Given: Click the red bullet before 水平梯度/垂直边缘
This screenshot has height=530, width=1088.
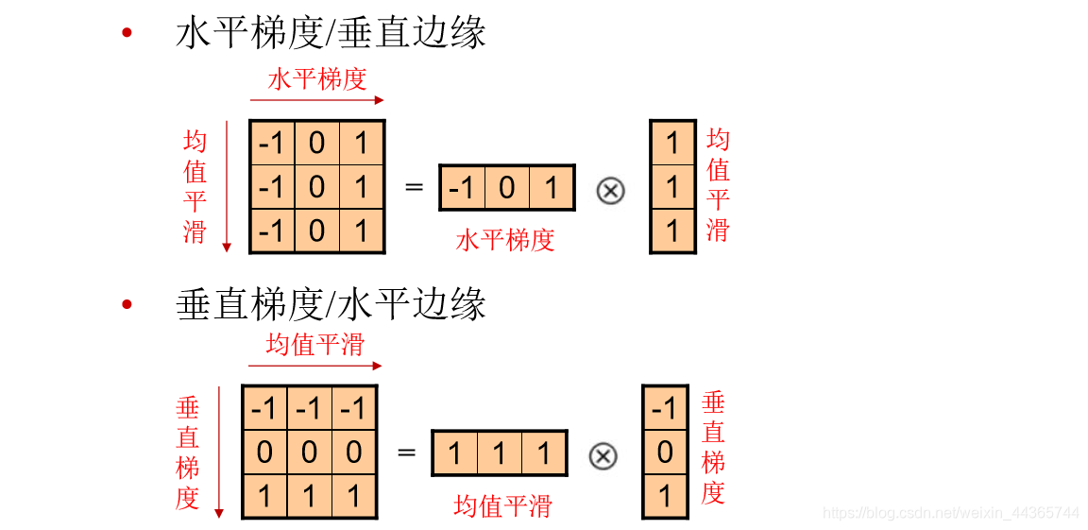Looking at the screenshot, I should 127,35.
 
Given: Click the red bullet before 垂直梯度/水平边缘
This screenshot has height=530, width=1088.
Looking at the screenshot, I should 127,304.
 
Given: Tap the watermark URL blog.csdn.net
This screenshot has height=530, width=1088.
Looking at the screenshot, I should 951,513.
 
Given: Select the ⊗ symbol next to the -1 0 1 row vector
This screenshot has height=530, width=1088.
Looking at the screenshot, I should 611,190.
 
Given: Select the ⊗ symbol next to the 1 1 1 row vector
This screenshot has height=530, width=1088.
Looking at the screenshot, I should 603,456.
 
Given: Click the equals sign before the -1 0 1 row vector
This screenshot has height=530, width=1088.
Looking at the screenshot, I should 414,187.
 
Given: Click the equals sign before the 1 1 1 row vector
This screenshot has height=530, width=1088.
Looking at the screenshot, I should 406,453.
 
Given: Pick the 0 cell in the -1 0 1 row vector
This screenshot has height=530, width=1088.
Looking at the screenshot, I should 507,188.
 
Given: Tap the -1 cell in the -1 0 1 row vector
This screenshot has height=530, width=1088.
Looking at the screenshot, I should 462,188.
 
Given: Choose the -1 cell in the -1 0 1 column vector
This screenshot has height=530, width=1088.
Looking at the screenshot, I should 665,408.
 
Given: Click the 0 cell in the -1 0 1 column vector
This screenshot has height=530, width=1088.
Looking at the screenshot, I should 665,453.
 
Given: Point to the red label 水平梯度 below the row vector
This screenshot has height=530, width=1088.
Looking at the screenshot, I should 505,239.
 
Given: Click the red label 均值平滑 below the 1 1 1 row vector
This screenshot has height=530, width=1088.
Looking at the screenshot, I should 502,505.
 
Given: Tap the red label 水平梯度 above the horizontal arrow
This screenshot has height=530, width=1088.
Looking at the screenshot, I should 317,78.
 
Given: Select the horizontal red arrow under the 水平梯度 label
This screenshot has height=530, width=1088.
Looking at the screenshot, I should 317,99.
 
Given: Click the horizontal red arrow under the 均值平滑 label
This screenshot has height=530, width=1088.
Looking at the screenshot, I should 314,366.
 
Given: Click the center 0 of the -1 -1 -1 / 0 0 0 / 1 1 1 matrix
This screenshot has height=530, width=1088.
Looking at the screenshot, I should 310,453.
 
